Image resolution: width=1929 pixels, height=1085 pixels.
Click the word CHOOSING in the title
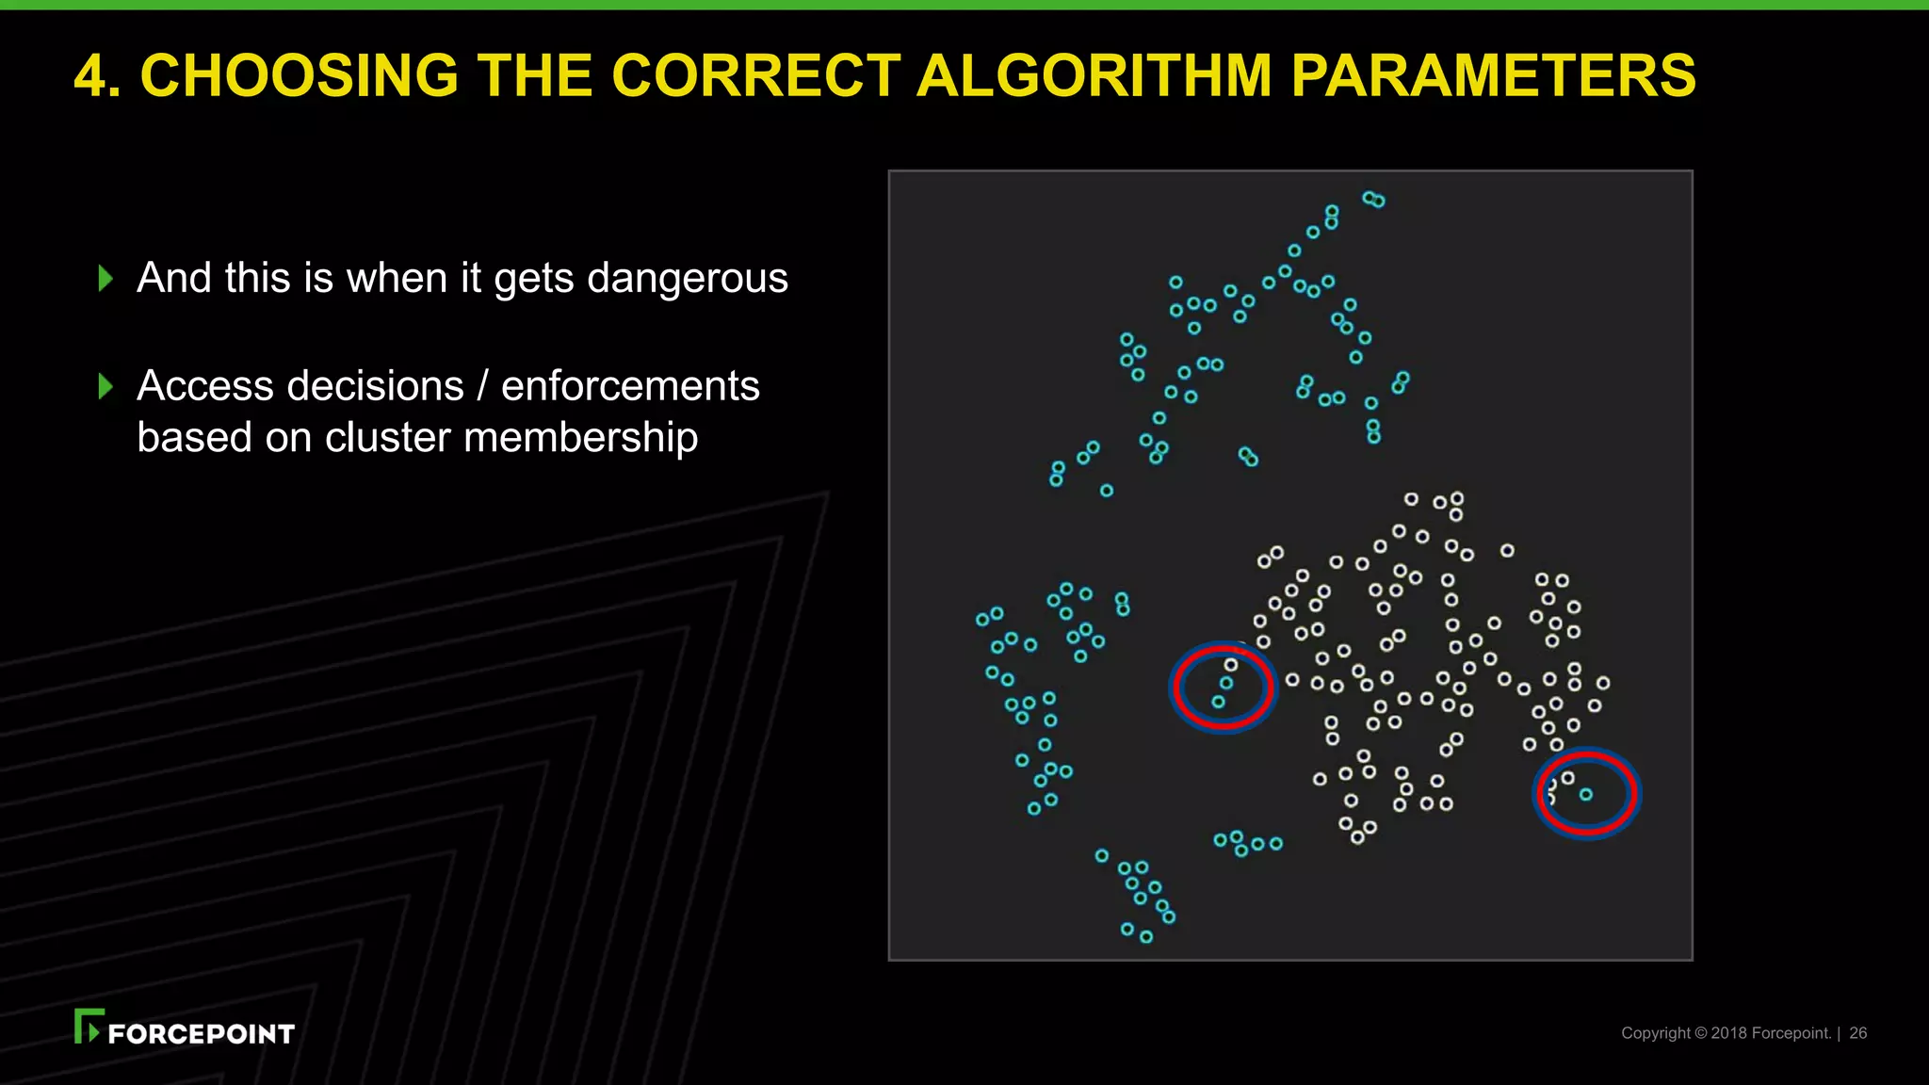[x=298, y=75]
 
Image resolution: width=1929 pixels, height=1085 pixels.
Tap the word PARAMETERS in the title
[x=1492, y=75]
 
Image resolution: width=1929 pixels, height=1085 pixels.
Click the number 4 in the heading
[x=90, y=75]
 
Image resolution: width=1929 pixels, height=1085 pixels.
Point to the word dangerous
[x=687, y=278]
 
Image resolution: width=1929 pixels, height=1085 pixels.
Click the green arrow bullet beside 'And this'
[x=105, y=278]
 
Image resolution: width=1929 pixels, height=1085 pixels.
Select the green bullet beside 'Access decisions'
[x=105, y=386]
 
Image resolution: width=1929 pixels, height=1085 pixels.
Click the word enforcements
[x=630, y=386]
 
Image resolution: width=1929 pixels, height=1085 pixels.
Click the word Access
[x=206, y=386]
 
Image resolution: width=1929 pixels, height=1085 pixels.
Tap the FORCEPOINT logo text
[x=201, y=1034]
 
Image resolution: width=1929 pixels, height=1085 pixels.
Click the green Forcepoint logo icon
[x=88, y=1026]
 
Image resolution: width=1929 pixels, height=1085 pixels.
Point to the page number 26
[x=1857, y=1033]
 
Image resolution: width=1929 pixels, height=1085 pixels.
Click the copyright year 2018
[x=1728, y=1033]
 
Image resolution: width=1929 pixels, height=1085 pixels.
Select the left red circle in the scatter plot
[x=1222, y=686]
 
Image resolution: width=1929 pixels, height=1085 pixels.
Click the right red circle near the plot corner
[x=1587, y=793]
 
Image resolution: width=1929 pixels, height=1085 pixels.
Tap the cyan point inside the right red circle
[x=1586, y=795]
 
